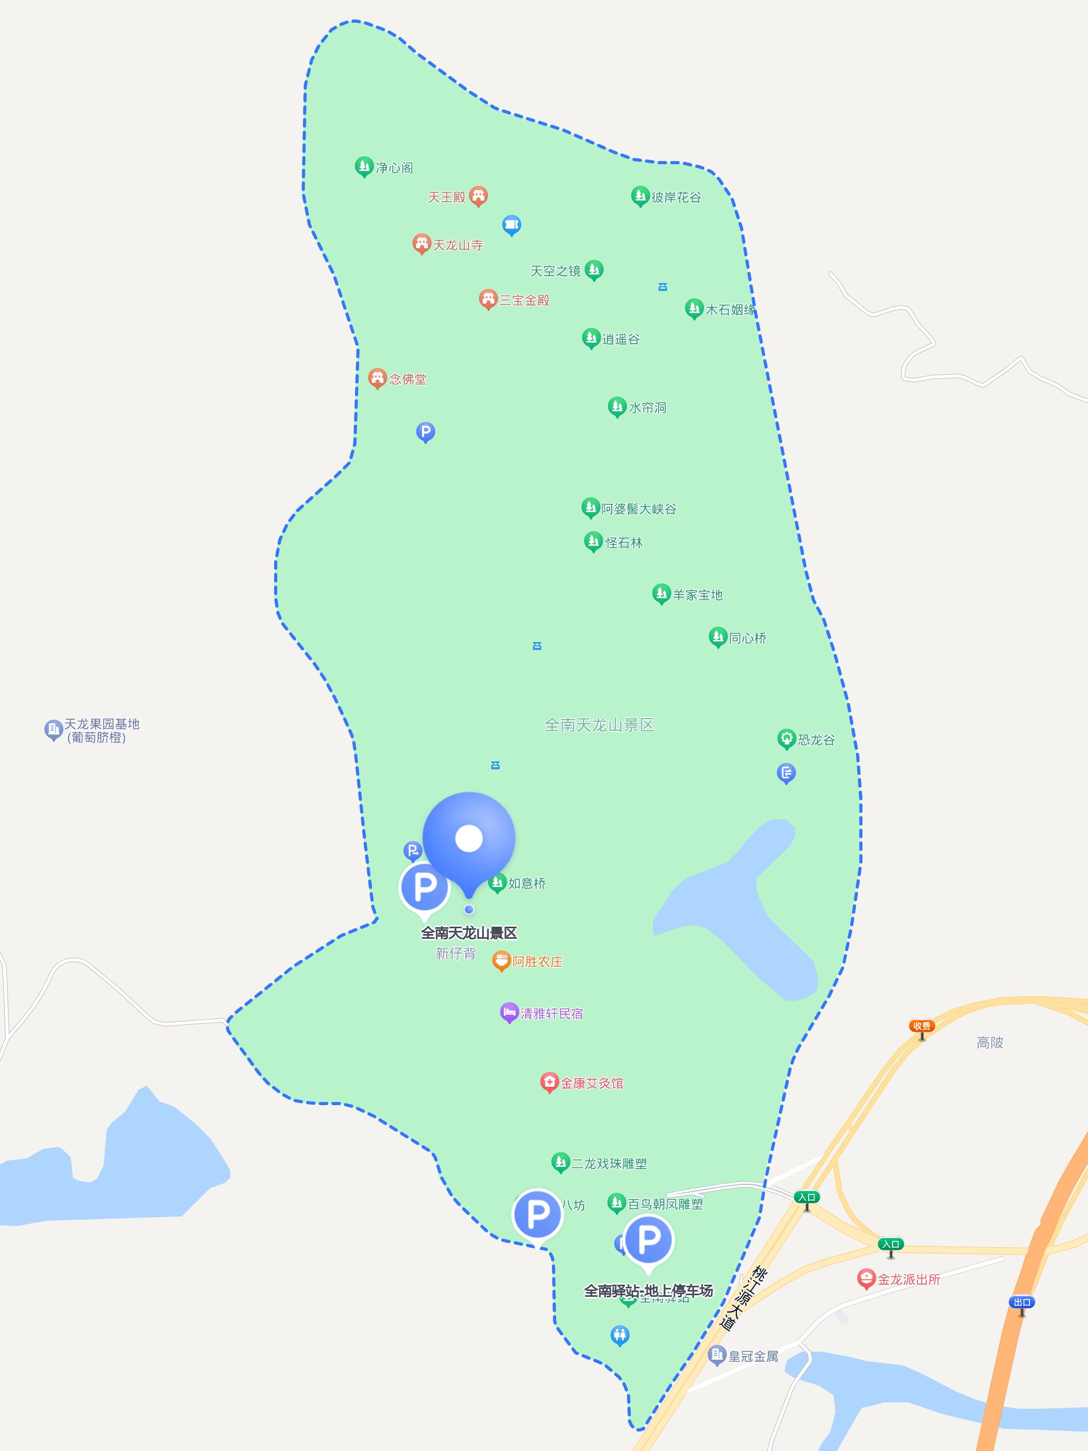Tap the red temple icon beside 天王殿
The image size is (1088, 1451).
(479, 195)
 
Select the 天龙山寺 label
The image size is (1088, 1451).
(457, 246)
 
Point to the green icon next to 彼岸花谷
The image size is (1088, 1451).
(640, 195)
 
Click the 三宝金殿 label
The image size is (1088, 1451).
(524, 300)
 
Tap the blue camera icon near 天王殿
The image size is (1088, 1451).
(511, 224)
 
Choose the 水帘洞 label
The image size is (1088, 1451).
(647, 408)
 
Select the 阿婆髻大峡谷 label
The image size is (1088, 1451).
(638, 509)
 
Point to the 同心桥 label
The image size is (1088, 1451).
(747, 638)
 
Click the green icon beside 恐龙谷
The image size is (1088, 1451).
(786, 739)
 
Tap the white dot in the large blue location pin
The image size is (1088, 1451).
(468, 838)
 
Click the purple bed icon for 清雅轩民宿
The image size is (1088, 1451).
(509, 1012)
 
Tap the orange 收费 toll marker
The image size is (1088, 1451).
(921, 1026)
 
